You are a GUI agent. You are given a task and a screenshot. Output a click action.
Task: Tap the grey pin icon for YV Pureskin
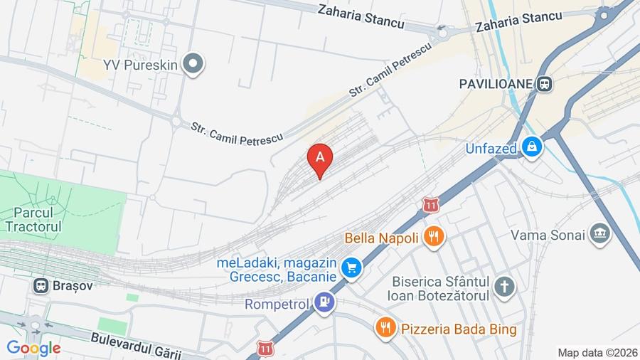(193, 65)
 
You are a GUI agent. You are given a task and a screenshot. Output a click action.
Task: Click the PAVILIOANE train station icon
(545, 84)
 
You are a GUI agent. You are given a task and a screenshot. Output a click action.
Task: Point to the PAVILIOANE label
(496, 84)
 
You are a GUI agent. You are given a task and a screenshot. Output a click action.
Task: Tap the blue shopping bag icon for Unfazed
(531, 147)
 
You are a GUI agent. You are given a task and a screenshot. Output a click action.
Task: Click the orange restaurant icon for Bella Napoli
(434, 236)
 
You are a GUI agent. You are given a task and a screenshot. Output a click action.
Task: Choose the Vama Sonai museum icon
(600, 234)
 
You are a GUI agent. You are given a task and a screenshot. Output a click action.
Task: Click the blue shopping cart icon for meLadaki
(351, 268)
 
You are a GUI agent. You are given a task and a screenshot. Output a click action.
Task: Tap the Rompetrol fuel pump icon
(325, 302)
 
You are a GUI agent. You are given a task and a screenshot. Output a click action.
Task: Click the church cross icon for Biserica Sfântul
(504, 287)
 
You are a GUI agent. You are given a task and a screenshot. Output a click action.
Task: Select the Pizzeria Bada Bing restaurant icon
(385, 327)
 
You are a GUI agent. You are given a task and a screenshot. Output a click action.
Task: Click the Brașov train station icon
(41, 286)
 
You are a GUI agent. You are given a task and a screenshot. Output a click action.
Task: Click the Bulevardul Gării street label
(136, 345)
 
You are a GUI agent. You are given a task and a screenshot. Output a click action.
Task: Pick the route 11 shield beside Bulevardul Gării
(266, 349)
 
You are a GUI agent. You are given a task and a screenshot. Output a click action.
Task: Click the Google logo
(33, 348)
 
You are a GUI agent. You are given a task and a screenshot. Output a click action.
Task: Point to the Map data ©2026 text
(597, 352)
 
